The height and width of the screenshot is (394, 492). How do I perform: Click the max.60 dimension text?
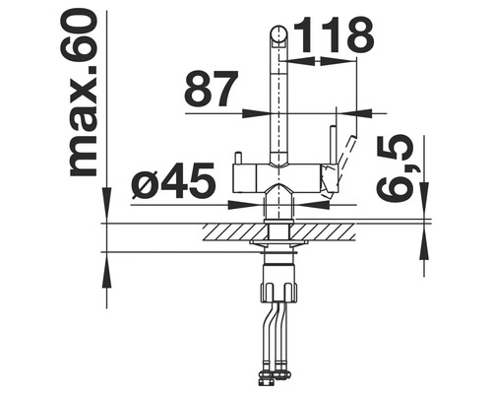click(84, 94)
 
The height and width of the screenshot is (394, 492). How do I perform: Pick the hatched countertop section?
click(280, 232)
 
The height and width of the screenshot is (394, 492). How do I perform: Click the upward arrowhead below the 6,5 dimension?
click(425, 242)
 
